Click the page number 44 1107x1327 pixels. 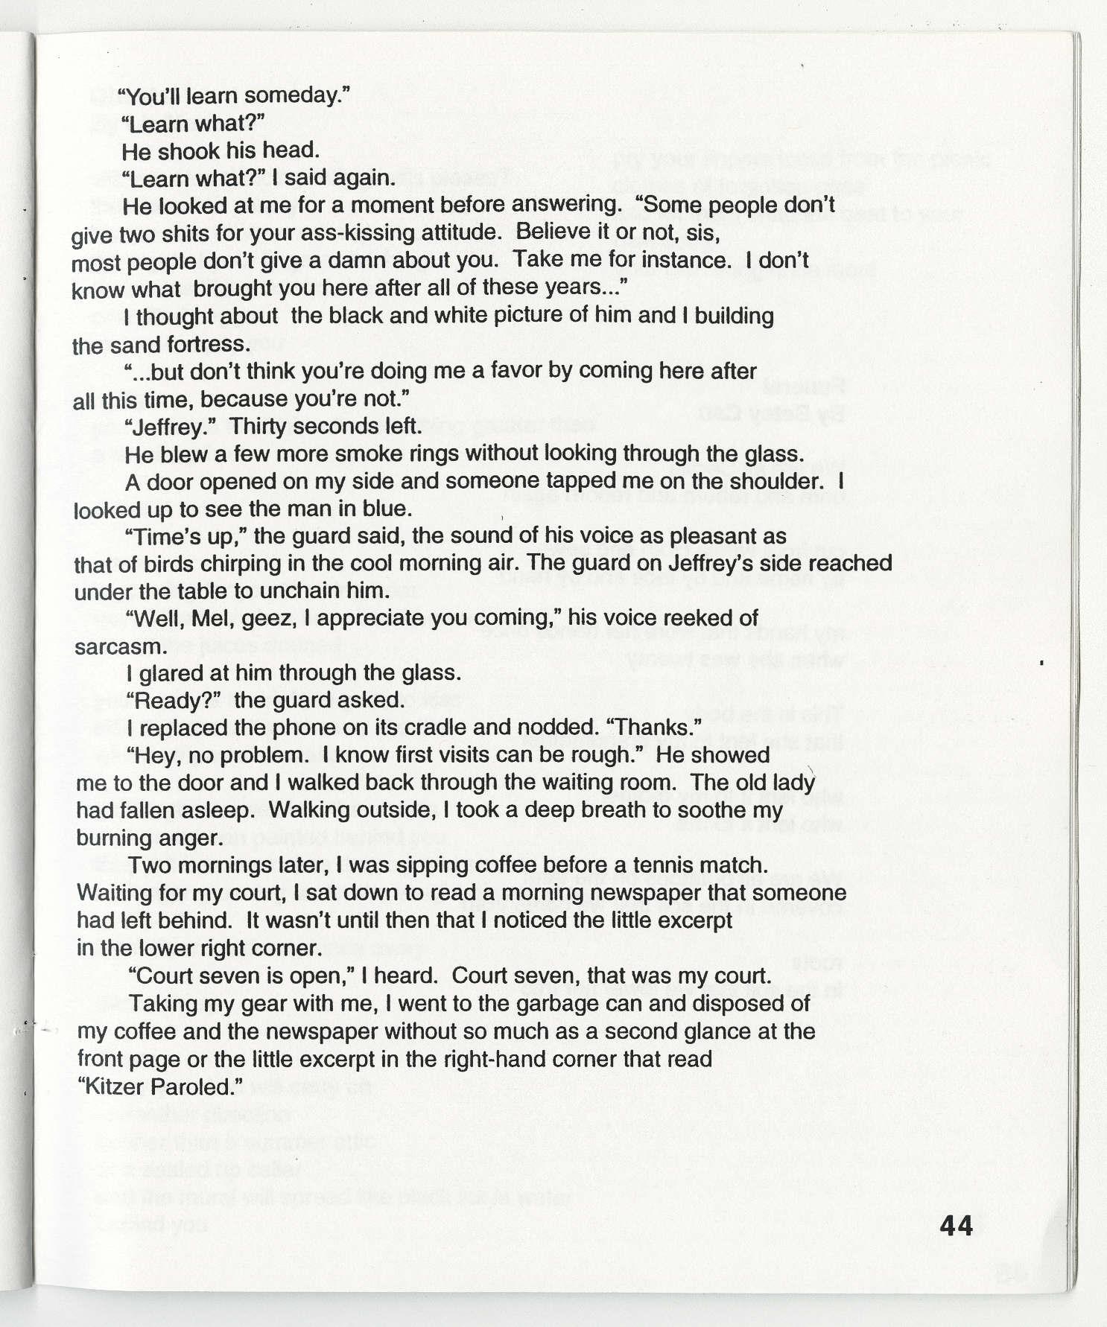(x=957, y=1225)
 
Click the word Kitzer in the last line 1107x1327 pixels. (x=111, y=1086)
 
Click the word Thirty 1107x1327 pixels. (x=261, y=427)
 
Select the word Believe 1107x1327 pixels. (x=548, y=232)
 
